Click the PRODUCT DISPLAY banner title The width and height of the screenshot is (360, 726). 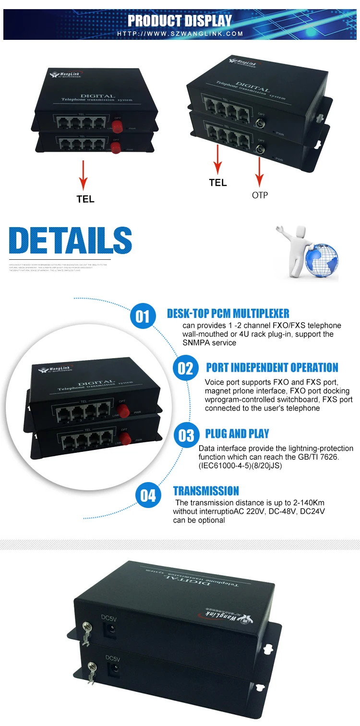pyautogui.click(x=180, y=21)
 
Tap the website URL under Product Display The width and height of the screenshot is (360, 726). pyautogui.click(x=180, y=34)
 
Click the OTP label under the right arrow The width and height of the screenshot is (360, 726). pyautogui.click(x=260, y=195)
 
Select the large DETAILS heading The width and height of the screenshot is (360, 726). pyautogui.click(x=71, y=241)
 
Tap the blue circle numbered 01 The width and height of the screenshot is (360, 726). pyautogui.click(x=143, y=316)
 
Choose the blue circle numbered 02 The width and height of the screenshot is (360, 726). pyautogui.click(x=185, y=368)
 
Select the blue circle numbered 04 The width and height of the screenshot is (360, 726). pyautogui.click(x=148, y=495)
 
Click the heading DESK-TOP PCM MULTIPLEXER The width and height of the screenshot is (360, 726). pyautogui.click(x=228, y=314)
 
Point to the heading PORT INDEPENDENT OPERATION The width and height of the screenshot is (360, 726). pyautogui.click(x=272, y=368)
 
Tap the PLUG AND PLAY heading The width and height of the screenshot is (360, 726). pyautogui.click(x=237, y=434)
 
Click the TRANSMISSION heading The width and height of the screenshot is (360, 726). pyautogui.click(x=206, y=491)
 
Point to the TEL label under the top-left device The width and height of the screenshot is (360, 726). pyautogui.click(x=85, y=199)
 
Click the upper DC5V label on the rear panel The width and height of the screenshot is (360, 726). pyautogui.click(x=108, y=619)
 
